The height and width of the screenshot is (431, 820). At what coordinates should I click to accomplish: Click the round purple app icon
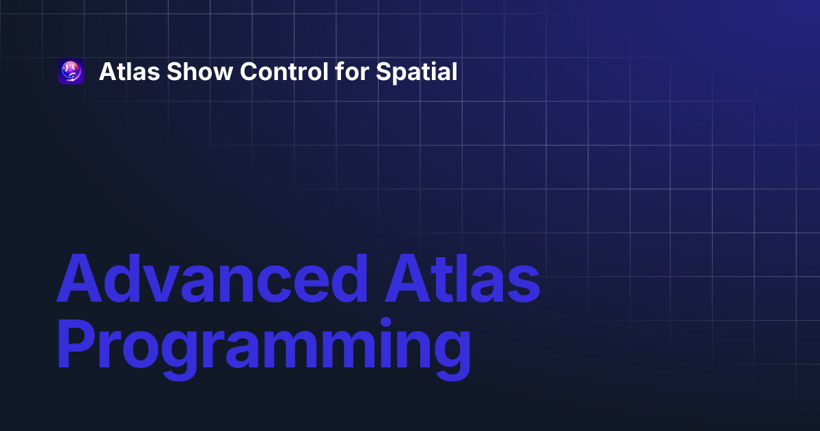pyautogui.click(x=71, y=71)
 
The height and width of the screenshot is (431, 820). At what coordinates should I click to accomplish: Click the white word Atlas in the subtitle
pyautogui.click(x=130, y=71)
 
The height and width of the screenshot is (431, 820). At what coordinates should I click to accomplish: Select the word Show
pyautogui.click(x=200, y=71)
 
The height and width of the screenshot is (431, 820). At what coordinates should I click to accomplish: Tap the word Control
pyautogui.click(x=284, y=71)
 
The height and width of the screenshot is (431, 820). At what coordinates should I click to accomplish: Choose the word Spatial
pyautogui.click(x=417, y=73)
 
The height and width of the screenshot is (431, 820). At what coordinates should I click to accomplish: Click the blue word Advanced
pyautogui.click(x=212, y=278)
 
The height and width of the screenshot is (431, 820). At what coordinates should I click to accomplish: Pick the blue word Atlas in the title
pyautogui.click(x=463, y=278)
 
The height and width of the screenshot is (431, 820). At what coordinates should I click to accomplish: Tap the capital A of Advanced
pyautogui.click(x=79, y=278)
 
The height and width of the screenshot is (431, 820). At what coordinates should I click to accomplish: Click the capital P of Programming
pyautogui.click(x=76, y=343)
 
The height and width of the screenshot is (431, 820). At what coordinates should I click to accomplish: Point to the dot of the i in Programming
pyautogui.click(x=385, y=323)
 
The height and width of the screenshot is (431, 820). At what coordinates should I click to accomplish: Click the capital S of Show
pyautogui.click(x=175, y=71)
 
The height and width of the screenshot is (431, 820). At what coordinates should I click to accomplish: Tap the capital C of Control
pyautogui.click(x=249, y=71)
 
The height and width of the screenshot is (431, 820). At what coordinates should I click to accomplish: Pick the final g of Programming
pyautogui.click(x=453, y=356)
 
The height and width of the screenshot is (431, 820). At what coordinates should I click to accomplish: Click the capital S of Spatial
pyautogui.click(x=384, y=71)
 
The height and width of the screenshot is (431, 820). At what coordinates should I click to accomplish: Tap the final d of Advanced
pyautogui.click(x=349, y=278)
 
